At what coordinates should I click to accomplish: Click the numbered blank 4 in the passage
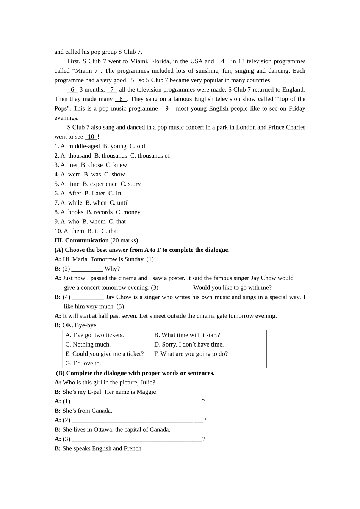(222, 61)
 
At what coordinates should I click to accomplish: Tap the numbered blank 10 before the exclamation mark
(91, 137)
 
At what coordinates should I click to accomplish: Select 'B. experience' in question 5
(100, 184)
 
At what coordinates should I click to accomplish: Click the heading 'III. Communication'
(81, 240)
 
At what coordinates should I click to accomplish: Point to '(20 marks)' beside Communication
(124, 240)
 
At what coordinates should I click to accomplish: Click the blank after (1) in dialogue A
(171, 260)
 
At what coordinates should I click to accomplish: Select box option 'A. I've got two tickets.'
(94, 335)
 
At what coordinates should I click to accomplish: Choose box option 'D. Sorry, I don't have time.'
(189, 345)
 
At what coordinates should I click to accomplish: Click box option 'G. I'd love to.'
(83, 364)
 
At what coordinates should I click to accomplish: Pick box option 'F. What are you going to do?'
(191, 354)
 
